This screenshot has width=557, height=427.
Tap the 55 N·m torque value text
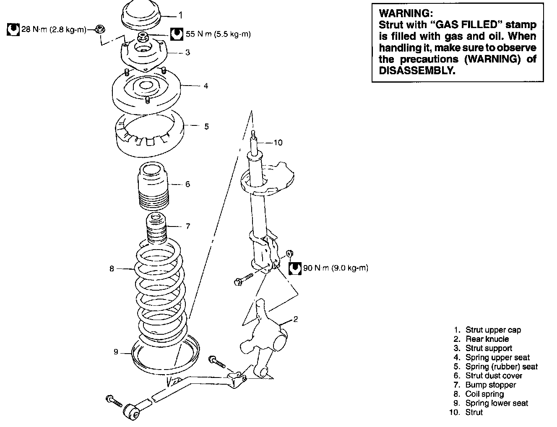pos(218,34)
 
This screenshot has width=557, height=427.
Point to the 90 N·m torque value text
pos(336,268)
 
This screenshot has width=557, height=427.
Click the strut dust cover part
pos(154,187)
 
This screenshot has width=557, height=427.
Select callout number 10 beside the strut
pos(278,143)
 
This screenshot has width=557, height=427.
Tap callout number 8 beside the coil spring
pos(112,268)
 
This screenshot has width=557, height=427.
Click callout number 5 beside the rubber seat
pos(206,126)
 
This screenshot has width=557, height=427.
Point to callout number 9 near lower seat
pos(116,352)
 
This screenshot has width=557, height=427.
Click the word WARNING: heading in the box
pos(403,14)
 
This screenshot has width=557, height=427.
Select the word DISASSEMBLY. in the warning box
pos(417,70)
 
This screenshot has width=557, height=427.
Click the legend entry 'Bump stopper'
pos(490,385)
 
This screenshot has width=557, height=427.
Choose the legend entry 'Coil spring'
pos(484,394)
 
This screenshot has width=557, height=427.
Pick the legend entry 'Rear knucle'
pos(487,339)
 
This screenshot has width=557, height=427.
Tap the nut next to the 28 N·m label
pos(100,29)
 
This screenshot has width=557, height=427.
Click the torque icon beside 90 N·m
pos(295,268)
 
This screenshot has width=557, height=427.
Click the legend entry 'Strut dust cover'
pos(494,375)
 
